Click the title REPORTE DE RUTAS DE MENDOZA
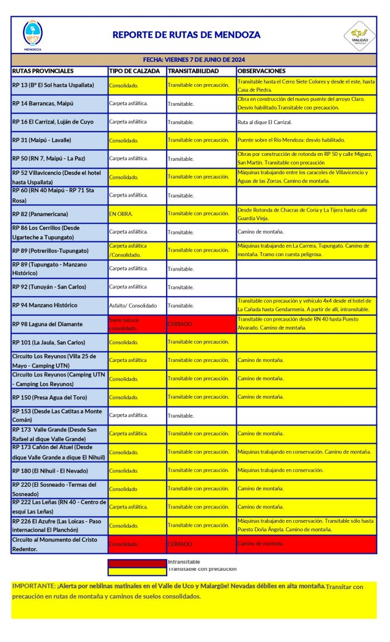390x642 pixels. coord(186,35)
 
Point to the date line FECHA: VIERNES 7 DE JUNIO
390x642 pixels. coord(194,60)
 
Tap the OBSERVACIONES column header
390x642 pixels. coord(261,71)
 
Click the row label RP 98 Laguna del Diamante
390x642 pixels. coord(47,324)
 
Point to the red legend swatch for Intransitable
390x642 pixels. coord(137,562)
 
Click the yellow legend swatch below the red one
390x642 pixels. coord(137,570)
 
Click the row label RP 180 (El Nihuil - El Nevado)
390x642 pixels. coord(52,471)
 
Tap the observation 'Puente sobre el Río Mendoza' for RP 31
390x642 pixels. coord(291,140)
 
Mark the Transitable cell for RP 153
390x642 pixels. coord(181,415)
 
